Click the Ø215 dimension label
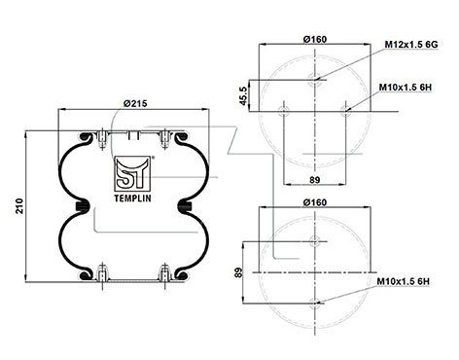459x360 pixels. tap(135, 103)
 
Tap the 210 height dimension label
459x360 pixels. tap(19, 205)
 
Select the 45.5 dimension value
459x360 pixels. tap(243, 95)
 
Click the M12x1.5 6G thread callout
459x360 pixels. tap(411, 45)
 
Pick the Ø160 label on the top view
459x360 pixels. tap(315, 39)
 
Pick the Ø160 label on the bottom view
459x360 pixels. tap(315, 202)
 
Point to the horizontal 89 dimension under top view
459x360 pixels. tap(315, 180)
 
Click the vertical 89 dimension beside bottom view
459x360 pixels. tap(238, 272)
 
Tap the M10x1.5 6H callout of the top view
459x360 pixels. tap(406, 88)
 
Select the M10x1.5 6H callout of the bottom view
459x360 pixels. tap(404, 281)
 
